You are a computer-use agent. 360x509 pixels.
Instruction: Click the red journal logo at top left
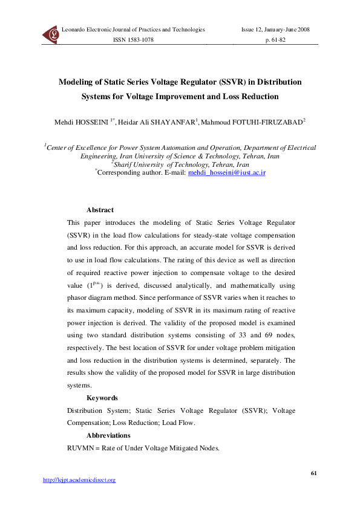pyautogui.click(x=51, y=35)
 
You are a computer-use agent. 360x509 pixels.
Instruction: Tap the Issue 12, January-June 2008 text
pyautogui.click(x=275, y=29)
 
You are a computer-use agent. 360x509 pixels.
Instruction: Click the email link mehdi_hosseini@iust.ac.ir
pyautogui.click(x=227, y=172)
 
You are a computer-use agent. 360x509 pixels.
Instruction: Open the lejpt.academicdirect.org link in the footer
pyautogui.click(x=79, y=480)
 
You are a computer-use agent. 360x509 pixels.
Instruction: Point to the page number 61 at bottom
pyautogui.click(x=313, y=472)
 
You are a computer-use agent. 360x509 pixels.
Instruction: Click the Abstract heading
pyautogui.click(x=100, y=210)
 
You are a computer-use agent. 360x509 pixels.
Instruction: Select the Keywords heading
pyautogui.click(x=102, y=398)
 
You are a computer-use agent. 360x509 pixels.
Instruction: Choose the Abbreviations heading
pyautogui.click(x=108, y=435)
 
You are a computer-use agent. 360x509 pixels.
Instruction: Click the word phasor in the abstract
pyautogui.click(x=79, y=297)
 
